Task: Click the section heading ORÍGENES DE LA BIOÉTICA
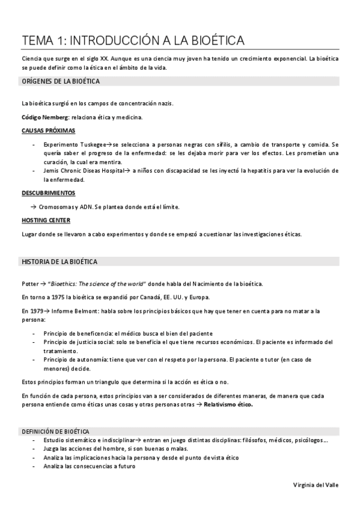pos(60,81)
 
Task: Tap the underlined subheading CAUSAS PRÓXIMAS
pos(48,131)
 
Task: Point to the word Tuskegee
pos(94,145)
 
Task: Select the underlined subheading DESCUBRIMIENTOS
pos(48,193)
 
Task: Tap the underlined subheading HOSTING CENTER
pos(46,220)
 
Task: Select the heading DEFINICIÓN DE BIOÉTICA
pos(56,432)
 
